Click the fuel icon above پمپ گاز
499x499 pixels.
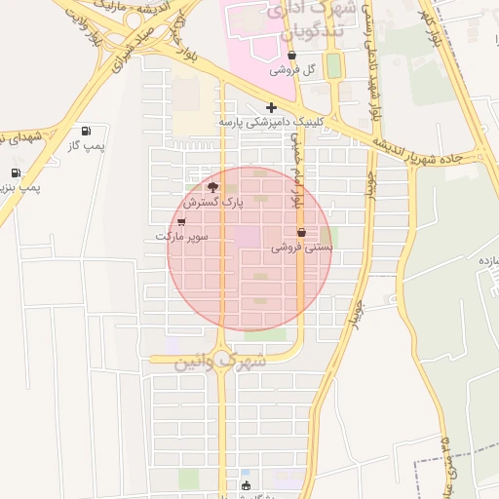[86, 130]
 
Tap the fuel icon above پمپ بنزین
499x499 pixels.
[16, 173]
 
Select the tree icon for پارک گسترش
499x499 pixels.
[212, 187]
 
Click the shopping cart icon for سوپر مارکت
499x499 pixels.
[181, 222]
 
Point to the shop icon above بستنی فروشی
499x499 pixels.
[301, 233]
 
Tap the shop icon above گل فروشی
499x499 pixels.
[291, 56]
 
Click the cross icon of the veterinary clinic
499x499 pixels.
[271, 106]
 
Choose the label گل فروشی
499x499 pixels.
[293, 70]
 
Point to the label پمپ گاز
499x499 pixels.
[86, 144]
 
